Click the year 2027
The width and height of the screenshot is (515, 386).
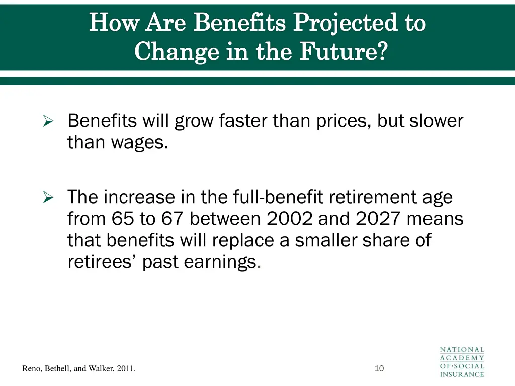tap(378, 219)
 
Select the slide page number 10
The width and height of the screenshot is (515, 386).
tap(379, 369)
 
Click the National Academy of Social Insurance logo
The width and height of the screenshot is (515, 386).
tap(462, 362)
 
